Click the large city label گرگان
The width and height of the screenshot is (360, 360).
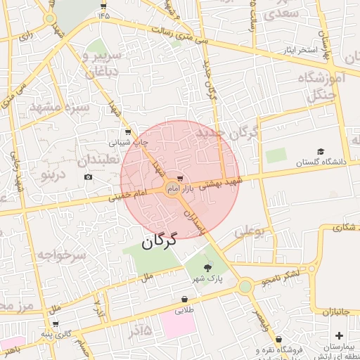coord(157,242)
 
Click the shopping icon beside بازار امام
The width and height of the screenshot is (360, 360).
coord(181,179)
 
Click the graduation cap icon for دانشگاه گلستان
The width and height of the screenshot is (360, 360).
coord(321,152)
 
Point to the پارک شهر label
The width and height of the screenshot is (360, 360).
coord(210,278)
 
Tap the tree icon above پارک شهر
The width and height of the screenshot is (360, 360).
coord(207,267)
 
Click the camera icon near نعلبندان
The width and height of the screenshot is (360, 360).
coord(88,176)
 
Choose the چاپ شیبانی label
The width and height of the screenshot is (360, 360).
coord(128,141)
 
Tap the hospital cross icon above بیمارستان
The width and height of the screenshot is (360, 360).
coord(340,335)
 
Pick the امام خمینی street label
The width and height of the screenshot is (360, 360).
coord(129,196)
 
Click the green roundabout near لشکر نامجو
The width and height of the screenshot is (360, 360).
coord(245,286)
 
